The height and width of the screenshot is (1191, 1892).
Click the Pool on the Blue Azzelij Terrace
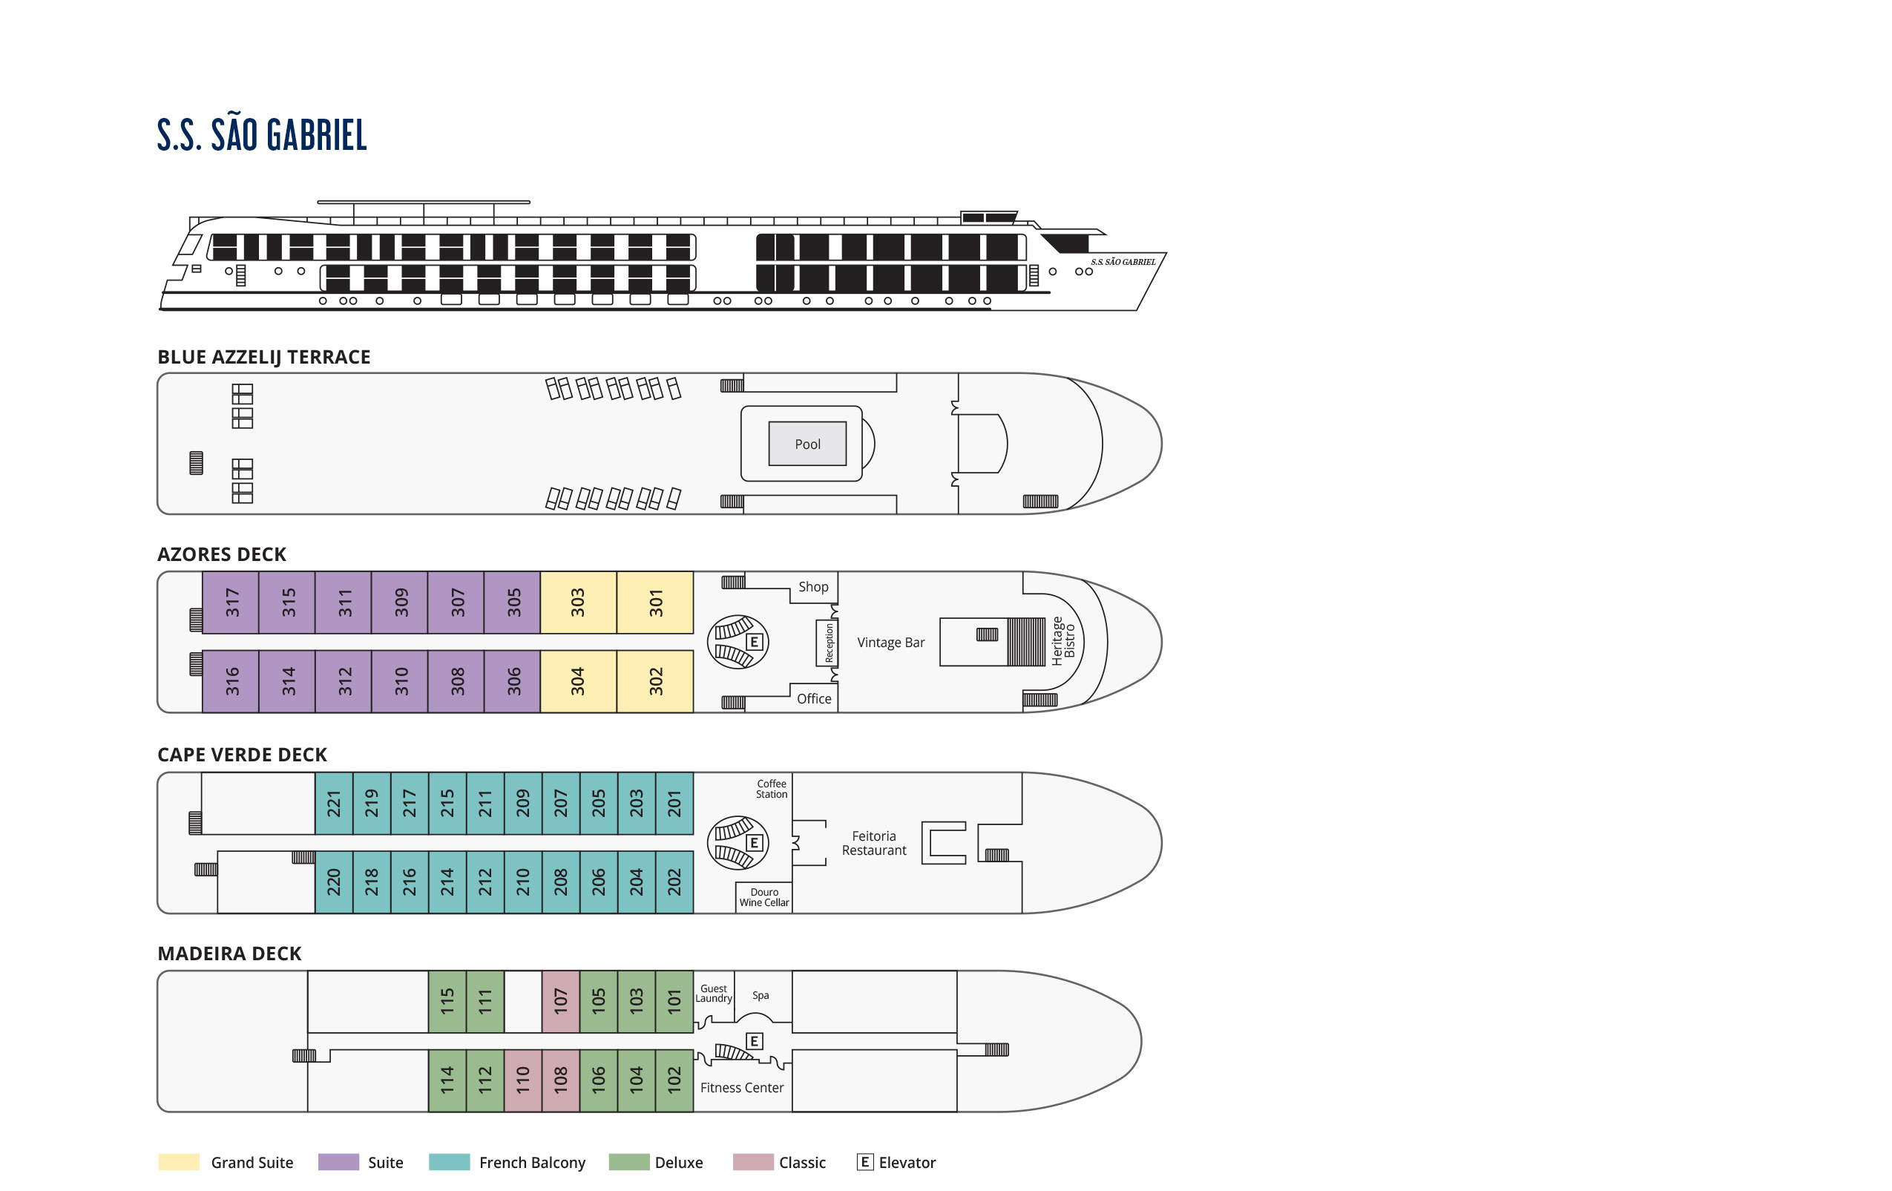pos(807,444)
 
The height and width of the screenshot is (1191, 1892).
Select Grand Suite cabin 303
pos(577,603)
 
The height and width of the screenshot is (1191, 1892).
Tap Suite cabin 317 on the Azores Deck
pos(231,603)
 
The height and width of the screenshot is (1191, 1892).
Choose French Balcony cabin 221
pos(334,803)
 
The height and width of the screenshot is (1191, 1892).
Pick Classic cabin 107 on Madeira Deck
pos(560,1001)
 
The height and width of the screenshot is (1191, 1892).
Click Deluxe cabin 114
pos(447,1080)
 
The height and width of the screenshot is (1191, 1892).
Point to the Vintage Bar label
pos(890,643)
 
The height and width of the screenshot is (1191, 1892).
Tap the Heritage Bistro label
pos(1062,641)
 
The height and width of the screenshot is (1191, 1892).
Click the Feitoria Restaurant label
pos(874,843)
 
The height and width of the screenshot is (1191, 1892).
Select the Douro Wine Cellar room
pos(763,897)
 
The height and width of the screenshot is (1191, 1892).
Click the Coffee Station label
pos(771,789)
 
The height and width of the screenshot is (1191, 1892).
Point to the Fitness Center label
pos(742,1087)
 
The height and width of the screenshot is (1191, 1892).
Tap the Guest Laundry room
pos(714,994)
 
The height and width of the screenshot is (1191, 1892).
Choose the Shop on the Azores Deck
pos(813,587)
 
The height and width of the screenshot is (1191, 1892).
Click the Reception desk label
pos(829,643)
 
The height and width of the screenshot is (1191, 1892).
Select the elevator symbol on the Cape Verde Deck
pos(755,843)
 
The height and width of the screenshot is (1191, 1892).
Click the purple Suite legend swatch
pos(338,1162)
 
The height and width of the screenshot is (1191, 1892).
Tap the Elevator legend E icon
pos(864,1162)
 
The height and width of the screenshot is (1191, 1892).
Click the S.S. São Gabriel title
pos(262,134)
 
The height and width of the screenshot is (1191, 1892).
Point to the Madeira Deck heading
pos(229,953)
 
